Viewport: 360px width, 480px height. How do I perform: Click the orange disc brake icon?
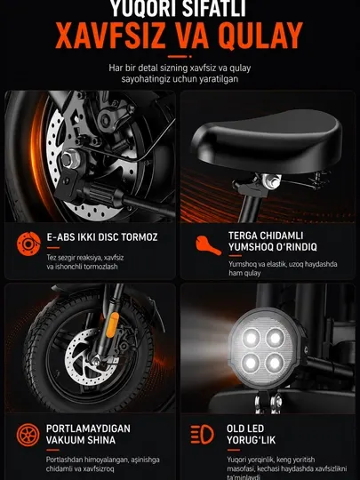28,244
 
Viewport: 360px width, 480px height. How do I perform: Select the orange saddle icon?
209,245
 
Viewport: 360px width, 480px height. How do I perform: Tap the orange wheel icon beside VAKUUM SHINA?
28,435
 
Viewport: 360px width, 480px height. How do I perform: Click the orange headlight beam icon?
202,434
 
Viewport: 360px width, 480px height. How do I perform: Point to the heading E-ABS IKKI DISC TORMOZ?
102,237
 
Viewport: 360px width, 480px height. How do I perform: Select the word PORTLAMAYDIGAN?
88,428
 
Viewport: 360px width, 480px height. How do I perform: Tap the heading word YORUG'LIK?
251,440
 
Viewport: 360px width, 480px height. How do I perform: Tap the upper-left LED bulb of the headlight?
251,339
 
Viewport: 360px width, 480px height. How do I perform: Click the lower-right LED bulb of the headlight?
275,363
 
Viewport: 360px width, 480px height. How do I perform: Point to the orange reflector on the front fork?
112,324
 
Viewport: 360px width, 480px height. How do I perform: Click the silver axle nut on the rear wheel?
70,159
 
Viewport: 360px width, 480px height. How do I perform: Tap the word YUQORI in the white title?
143,8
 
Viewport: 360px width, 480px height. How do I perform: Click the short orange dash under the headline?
177,57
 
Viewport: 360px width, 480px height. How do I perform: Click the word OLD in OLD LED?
237,428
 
